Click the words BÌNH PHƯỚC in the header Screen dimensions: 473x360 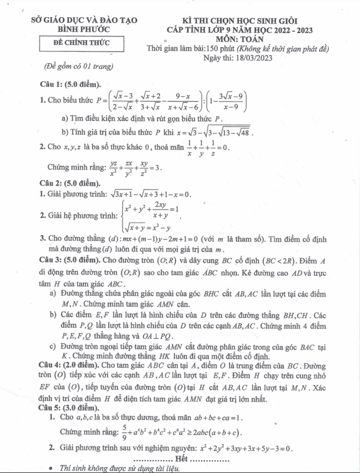click(83, 30)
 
